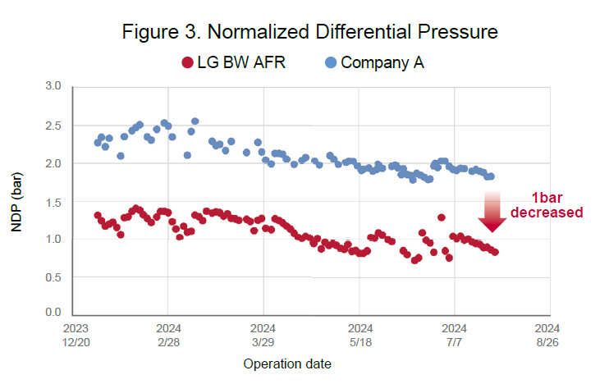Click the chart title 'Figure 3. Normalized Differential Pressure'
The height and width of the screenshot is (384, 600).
(310, 32)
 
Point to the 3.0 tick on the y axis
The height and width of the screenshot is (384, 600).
(54, 86)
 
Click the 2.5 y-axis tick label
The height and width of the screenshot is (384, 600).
(54, 125)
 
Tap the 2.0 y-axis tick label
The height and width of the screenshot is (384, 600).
(54, 162)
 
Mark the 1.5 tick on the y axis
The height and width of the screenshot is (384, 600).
(54, 201)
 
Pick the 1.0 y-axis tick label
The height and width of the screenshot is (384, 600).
(54, 239)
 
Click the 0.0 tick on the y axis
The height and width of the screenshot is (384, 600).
(54, 313)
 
